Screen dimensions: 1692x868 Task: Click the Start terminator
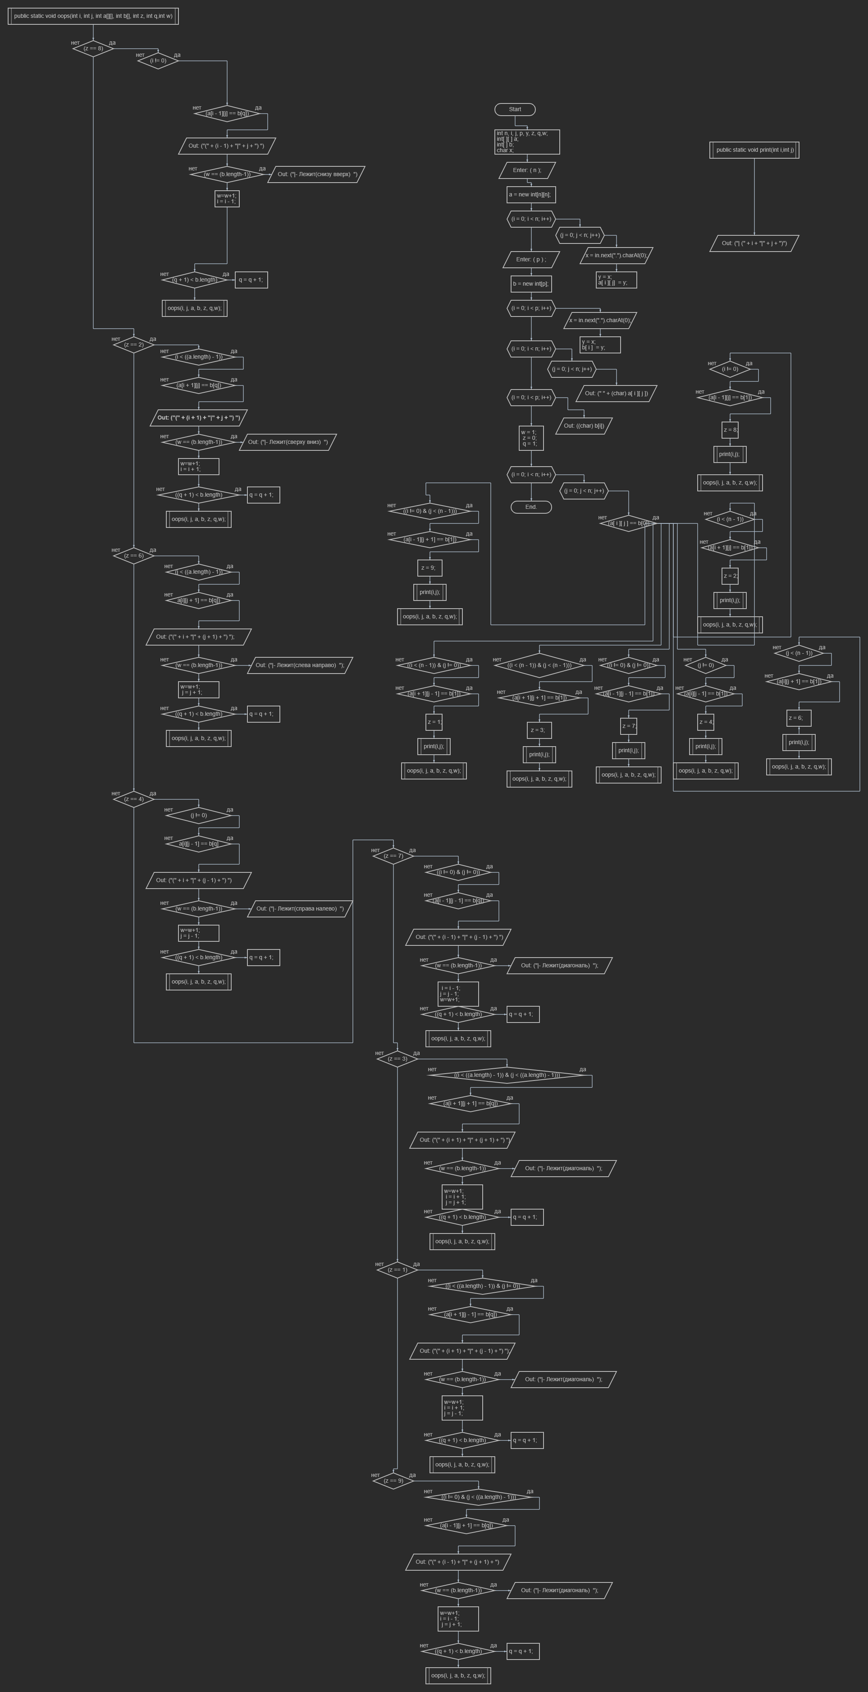pyautogui.click(x=515, y=110)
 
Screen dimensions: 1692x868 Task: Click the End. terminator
pyautogui.click(x=531, y=507)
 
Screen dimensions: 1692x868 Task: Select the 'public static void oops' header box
pyautogui.click(x=93, y=16)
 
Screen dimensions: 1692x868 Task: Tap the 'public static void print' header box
pyautogui.click(x=754, y=150)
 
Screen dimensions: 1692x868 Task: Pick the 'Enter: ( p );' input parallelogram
pyautogui.click(x=531, y=259)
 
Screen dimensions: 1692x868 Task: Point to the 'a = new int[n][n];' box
pyautogui.click(x=531, y=194)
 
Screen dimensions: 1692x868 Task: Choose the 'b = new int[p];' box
pyautogui.click(x=531, y=284)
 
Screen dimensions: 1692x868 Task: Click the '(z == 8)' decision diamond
pyautogui.click(x=93, y=49)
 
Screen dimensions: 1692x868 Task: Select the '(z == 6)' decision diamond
pyautogui.click(x=134, y=555)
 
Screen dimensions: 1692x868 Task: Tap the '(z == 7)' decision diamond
pyautogui.click(x=393, y=856)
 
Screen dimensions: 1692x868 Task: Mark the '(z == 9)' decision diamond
pyautogui.click(x=393, y=1481)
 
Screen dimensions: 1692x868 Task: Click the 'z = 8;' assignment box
pyautogui.click(x=730, y=430)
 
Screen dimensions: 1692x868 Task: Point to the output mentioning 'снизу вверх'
pyautogui.click(x=316, y=174)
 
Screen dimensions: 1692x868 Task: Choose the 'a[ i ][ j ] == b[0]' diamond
pyautogui.click(x=628, y=523)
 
